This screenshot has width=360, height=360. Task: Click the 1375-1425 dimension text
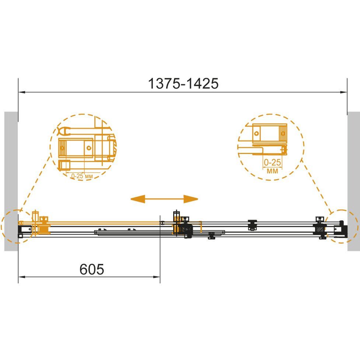(183, 84)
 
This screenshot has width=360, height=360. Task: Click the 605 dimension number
(92, 269)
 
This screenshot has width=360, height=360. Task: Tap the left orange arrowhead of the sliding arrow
(138, 199)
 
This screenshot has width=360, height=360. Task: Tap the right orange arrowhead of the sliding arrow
(191, 199)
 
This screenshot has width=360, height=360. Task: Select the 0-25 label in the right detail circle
(272, 162)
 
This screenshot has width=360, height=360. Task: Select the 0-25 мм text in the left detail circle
(82, 176)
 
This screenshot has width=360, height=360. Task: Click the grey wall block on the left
(11, 181)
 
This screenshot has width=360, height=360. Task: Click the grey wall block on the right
(354, 181)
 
